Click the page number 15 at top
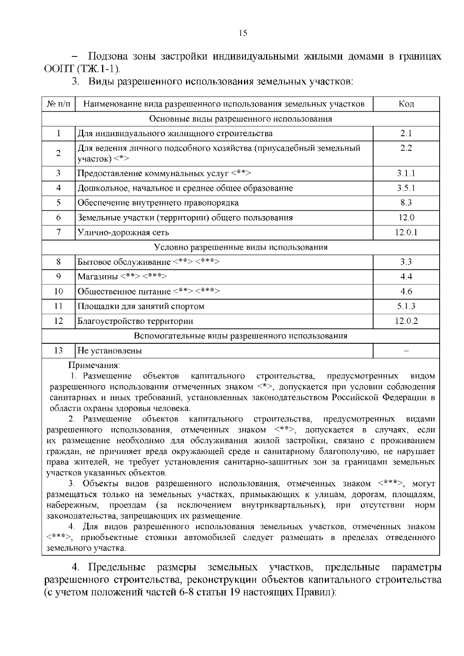pos(243,33)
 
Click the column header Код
pos(406,104)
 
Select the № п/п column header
pos(58,104)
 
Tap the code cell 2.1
pos(406,133)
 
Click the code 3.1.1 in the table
pos(406,173)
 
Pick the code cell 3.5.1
pos(406,188)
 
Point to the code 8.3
pos(406,203)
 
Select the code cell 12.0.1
pos(406,232)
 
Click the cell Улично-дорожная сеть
pos(123,232)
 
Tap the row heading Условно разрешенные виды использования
pos(241,247)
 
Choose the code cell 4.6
pos(406,291)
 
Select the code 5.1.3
pos(406,306)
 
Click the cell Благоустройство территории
pos(135,321)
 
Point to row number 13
pos(58,351)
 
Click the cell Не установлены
pos(110,351)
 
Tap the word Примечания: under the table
pos(94,365)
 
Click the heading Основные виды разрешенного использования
pos(241,119)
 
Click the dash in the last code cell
pos(406,351)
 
